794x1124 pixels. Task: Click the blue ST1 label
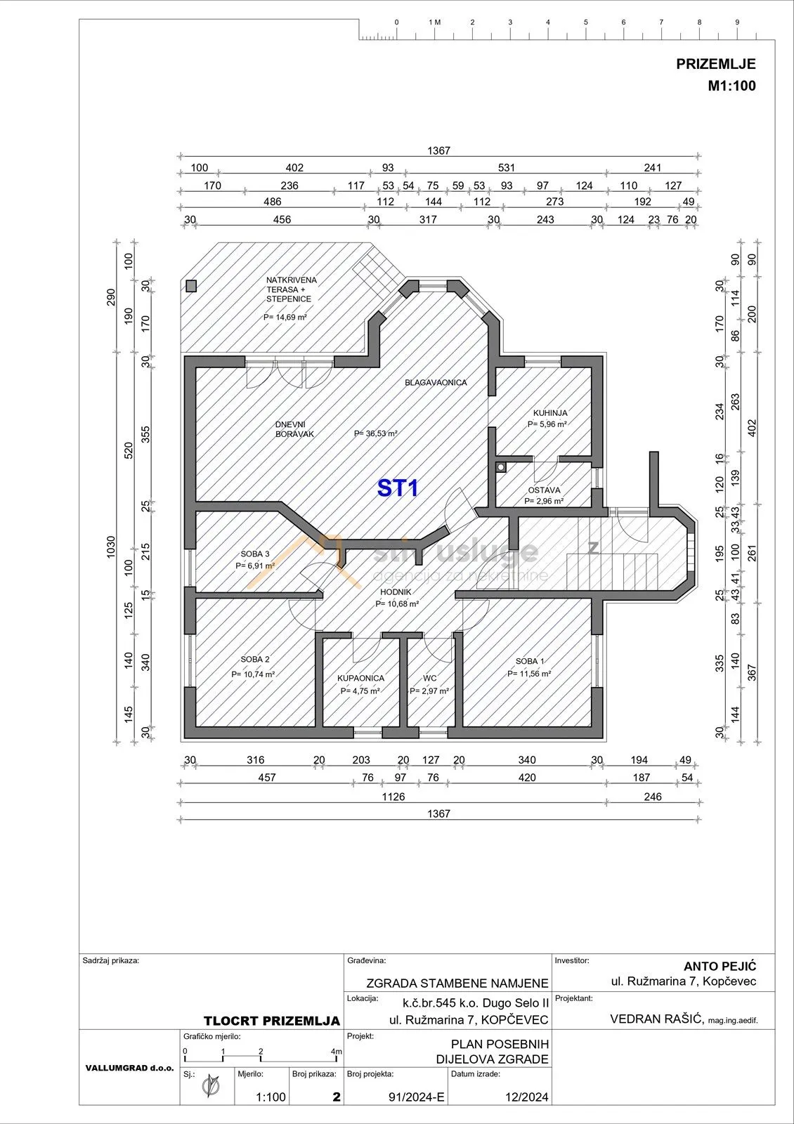point(398,488)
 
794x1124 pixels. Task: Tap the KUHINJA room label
point(550,413)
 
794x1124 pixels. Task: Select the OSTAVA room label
point(544,490)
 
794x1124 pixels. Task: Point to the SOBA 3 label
point(255,554)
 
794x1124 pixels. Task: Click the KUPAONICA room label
point(360,678)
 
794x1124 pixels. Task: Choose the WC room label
point(429,678)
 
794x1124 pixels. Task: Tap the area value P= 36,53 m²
point(376,433)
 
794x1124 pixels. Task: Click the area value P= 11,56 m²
point(529,674)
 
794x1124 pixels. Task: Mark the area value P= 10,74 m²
point(253,674)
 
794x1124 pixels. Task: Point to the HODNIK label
point(396,592)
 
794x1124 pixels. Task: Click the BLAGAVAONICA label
point(436,382)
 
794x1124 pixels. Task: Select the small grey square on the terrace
point(190,286)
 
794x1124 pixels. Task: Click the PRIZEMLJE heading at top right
point(716,64)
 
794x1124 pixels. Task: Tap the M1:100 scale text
point(731,86)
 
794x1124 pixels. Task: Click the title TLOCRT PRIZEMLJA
point(271,1021)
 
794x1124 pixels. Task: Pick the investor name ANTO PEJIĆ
point(720,966)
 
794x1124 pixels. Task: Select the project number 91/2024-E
point(417,1097)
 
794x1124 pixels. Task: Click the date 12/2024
point(526,1097)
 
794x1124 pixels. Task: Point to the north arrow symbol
point(211,1087)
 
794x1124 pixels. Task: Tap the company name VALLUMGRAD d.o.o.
point(129,1068)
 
